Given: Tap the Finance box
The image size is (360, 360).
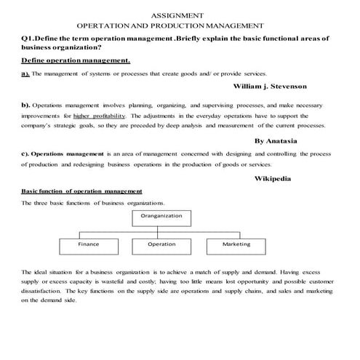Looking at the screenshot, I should [88, 244].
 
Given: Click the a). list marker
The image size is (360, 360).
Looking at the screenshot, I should [26, 74].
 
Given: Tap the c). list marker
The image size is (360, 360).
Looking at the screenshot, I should [26, 154].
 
